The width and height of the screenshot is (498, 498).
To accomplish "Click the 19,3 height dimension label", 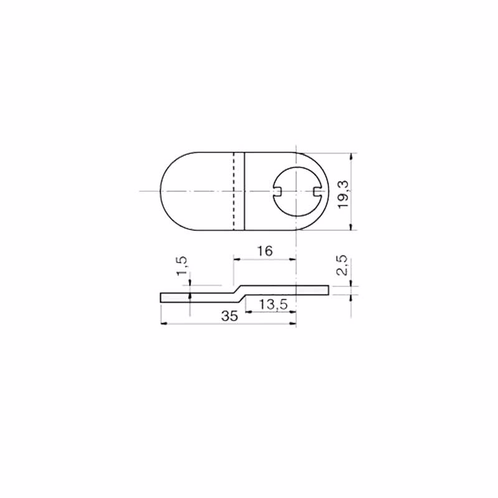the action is (343, 194).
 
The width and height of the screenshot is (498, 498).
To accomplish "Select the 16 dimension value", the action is (265, 251).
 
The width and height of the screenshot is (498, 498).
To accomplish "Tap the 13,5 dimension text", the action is (273, 305).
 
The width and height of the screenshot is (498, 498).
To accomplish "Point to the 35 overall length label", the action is (230, 316).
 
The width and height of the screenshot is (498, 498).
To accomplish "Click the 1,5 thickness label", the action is (182, 266).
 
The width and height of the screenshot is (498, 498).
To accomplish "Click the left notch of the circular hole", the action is (277, 191).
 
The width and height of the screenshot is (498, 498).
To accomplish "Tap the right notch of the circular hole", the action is (317, 191).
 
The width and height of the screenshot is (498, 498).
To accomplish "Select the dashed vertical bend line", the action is (234, 191).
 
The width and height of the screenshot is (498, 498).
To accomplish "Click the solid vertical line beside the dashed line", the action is (245, 191).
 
